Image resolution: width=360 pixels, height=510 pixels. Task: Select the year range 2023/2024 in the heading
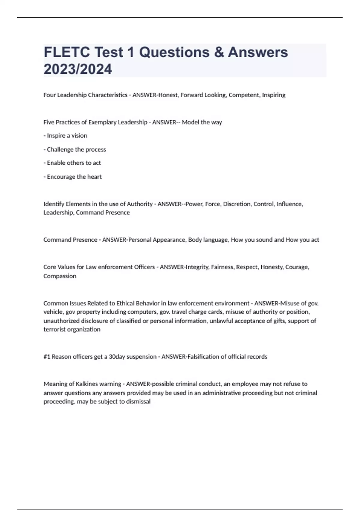(78, 69)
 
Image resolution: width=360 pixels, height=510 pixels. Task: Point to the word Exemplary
(102, 122)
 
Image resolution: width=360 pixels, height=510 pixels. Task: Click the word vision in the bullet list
(79, 136)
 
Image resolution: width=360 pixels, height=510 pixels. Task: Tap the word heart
(94, 177)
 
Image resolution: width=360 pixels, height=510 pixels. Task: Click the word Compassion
(60, 276)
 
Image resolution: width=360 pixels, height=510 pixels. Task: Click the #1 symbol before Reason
(47, 357)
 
